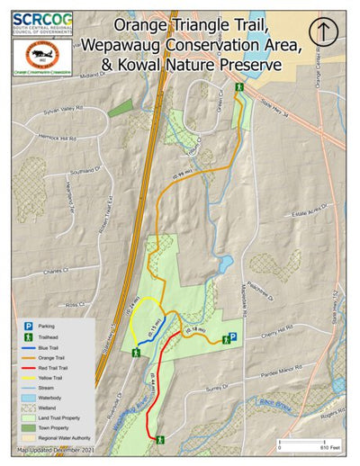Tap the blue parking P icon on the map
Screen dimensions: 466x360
click(231, 337)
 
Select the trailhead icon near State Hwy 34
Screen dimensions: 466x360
click(239, 87)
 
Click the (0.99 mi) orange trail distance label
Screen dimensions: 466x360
click(182, 172)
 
